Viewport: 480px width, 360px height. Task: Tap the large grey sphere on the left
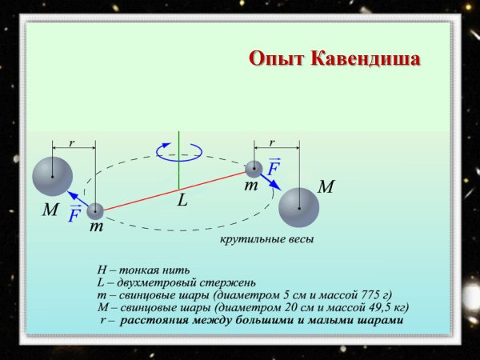(x=53, y=177)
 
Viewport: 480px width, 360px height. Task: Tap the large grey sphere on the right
(x=299, y=208)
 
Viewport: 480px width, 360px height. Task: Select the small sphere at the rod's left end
(x=95, y=211)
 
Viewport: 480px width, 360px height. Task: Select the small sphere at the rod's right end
(x=254, y=169)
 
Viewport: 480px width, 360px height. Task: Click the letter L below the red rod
(x=182, y=201)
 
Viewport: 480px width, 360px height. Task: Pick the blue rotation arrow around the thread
(x=174, y=149)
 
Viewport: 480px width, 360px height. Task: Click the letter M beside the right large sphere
(x=326, y=187)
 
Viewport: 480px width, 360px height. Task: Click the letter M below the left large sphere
(x=50, y=211)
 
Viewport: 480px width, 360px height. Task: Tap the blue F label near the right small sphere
(x=274, y=169)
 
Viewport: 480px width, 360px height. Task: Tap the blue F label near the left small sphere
(x=74, y=214)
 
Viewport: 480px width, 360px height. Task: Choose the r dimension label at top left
(x=72, y=143)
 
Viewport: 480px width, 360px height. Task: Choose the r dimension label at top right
(x=272, y=142)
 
